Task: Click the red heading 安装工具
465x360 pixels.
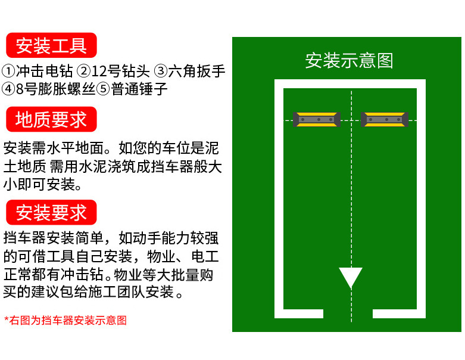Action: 51,45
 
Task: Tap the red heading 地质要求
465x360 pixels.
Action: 51,119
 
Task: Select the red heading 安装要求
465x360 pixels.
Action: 51,212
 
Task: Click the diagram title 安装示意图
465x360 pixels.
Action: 349,60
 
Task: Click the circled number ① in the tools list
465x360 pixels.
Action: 9,72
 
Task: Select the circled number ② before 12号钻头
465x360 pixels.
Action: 84,72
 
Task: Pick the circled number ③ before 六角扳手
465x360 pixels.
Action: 161,72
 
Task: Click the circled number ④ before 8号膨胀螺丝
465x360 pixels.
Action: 9,89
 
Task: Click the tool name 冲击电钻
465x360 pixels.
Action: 45,72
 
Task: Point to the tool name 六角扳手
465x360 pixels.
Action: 197,72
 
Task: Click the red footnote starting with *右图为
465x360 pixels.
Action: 65,320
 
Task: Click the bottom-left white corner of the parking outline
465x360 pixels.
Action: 279,314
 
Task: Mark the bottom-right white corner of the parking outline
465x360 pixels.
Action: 421,314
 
